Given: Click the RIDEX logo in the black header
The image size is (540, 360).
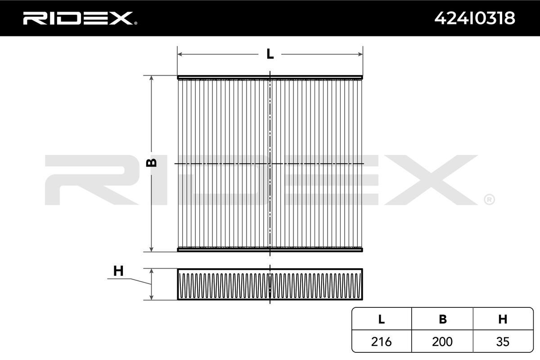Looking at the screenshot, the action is click(x=80, y=18).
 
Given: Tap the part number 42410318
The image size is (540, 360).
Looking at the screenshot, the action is click(x=475, y=18).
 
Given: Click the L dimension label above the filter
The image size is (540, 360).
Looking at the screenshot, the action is click(x=270, y=54).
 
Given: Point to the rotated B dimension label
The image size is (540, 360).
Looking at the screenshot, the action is click(x=152, y=163).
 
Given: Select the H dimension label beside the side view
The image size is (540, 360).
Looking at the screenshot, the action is click(x=118, y=271).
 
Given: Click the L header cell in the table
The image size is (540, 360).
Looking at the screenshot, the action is click(x=382, y=319).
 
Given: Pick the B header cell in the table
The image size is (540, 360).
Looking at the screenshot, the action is click(x=443, y=319).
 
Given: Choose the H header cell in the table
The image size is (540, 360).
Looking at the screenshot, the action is click(x=503, y=319).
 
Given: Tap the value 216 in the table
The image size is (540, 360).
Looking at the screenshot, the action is click(x=382, y=342).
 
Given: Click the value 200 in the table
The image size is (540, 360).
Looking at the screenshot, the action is click(x=442, y=342).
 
